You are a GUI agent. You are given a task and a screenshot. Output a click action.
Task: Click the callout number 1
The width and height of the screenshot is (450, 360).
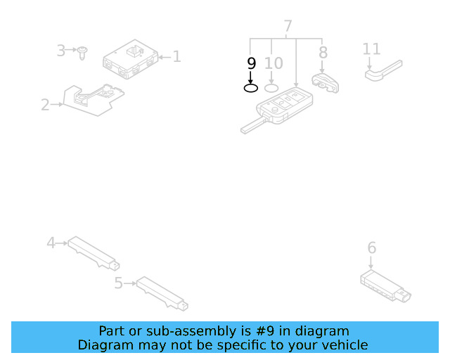(x=176, y=56)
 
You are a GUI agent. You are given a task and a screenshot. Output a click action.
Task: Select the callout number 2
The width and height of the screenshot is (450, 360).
(x=45, y=105)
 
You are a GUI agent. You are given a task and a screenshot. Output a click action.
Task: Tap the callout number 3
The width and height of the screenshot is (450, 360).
(x=61, y=51)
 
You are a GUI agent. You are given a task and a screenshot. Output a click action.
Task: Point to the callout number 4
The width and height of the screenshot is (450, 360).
(x=51, y=243)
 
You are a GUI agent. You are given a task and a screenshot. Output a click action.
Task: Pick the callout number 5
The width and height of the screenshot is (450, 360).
(x=118, y=283)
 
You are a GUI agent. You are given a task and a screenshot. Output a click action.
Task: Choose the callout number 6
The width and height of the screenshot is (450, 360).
(x=372, y=247)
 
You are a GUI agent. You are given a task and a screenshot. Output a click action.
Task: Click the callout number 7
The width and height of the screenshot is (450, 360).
(x=288, y=27)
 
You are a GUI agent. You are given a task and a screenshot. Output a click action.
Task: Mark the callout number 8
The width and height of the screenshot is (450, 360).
(x=323, y=52)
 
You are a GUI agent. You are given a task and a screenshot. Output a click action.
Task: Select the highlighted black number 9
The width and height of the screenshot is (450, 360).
(x=252, y=63)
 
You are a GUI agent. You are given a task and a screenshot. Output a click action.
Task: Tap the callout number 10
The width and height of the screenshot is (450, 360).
(x=274, y=63)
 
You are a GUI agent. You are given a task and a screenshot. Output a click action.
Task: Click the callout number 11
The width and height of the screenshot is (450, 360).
(x=371, y=49)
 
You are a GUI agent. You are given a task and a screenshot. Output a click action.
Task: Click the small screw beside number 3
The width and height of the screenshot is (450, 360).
(x=82, y=52)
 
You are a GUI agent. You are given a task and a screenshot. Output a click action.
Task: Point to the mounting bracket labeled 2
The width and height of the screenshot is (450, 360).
(x=91, y=98)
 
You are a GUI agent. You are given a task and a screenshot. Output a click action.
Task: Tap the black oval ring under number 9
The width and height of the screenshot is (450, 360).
(x=251, y=88)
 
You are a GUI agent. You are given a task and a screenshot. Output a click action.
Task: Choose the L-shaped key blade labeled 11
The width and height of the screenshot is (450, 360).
(x=383, y=70)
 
